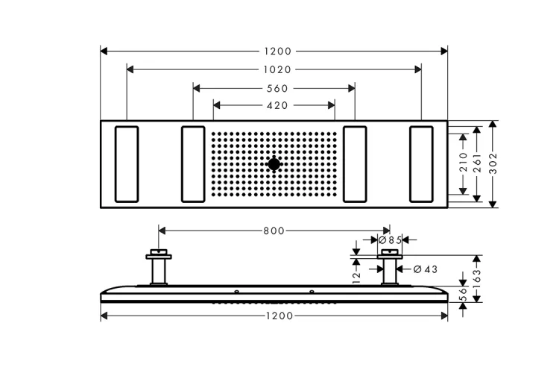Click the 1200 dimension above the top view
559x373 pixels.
pyautogui.click(x=278, y=51)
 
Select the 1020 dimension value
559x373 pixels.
pyautogui.click(x=277, y=69)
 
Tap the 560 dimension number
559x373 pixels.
pyautogui.click(x=277, y=89)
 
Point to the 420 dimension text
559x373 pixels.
pyautogui.click(x=277, y=106)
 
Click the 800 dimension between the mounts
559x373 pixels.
pyautogui.click(x=274, y=231)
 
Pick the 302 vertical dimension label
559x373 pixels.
pyautogui.click(x=493, y=164)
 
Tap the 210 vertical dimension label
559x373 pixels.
pyautogui.click(x=463, y=162)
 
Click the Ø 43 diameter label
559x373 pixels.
pyautogui.click(x=426, y=269)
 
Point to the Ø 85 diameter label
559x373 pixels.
pyautogui.click(x=390, y=240)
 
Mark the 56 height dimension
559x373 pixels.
pyautogui.click(x=463, y=294)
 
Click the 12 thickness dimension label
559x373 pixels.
pyautogui.click(x=356, y=278)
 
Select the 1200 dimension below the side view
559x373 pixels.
pyautogui.click(x=279, y=316)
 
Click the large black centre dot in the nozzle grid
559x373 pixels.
pyautogui.click(x=274, y=164)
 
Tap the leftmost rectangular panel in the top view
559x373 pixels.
pyautogui.click(x=127, y=164)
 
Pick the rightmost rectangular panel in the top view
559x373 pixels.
pyautogui.click(x=421, y=164)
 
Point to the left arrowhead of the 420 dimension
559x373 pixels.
pyautogui.click(x=217, y=105)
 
